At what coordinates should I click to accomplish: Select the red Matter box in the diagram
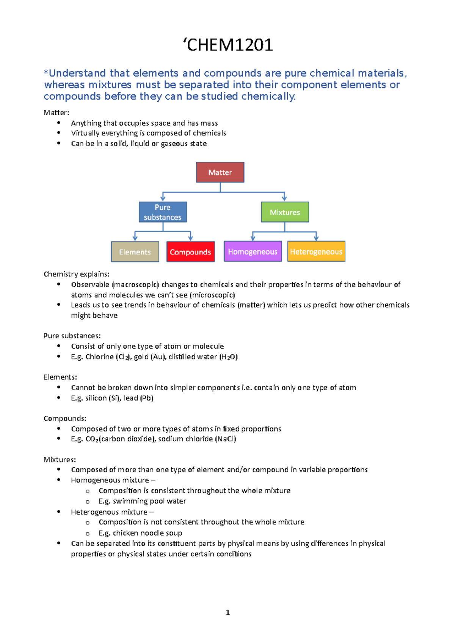coord(220,173)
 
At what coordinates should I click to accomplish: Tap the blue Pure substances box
coord(163,212)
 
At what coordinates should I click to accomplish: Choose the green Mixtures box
coord(285,212)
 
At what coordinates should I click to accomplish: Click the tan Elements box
coord(135,252)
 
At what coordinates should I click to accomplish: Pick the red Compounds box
coord(190,252)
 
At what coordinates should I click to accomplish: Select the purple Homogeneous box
coord(253,251)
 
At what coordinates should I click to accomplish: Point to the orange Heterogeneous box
coord(316,251)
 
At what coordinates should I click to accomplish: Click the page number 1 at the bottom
coord(227,612)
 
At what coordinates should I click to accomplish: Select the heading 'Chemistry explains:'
coord(77,274)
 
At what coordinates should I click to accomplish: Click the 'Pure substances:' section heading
coord(72,336)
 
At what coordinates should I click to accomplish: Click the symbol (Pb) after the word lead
coord(147,398)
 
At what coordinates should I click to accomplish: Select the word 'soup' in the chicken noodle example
coord(174,533)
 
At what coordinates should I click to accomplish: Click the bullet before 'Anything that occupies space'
coord(59,123)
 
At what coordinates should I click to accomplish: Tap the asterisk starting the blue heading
coord(46,72)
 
